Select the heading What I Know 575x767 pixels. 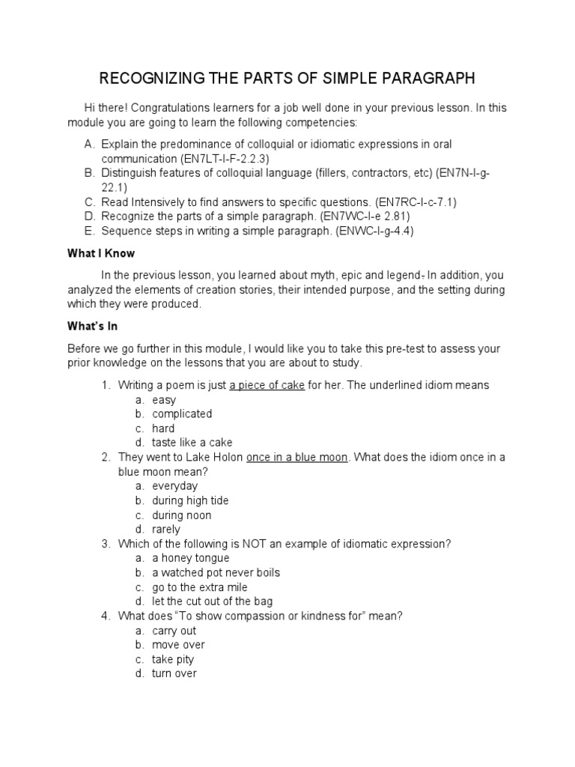pos(101,254)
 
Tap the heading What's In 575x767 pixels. pos(93,327)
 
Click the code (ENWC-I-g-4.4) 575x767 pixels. pos(374,231)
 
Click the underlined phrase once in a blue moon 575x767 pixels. pos(297,458)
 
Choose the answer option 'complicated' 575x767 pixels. pos(182,414)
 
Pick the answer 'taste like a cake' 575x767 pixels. pos(192,443)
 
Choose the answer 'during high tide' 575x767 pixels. pos(190,500)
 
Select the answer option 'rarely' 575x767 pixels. pos(166,530)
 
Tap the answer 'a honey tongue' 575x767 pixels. pos(190,558)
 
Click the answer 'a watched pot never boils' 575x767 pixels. pos(216,572)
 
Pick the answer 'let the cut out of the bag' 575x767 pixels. pos(213,601)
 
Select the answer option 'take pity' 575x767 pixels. pos(173,659)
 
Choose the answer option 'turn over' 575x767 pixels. pos(174,673)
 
